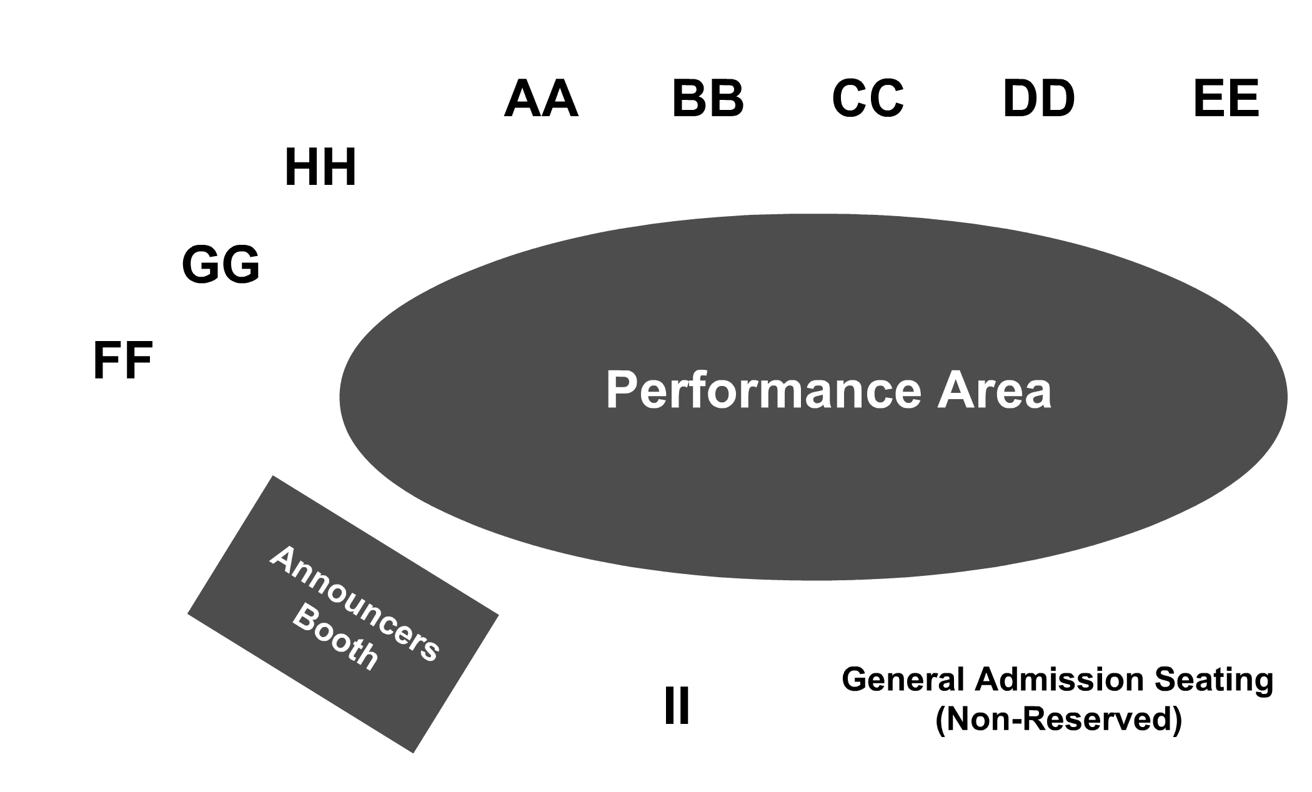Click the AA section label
tap(541, 99)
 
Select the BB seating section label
tap(708, 99)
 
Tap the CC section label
tap(868, 99)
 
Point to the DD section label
tap(1038, 99)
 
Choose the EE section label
tap(1226, 99)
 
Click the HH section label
tap(320, 167)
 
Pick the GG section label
tap(221, 265)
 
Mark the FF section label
tap(122, 360)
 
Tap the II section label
tap(677, 706)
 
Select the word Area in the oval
tap(993, 390)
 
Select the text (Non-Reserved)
tap(1058, 720)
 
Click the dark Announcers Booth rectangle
tap(343, 614)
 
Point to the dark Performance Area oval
tap(813, 397)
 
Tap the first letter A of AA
tap(522, 99)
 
